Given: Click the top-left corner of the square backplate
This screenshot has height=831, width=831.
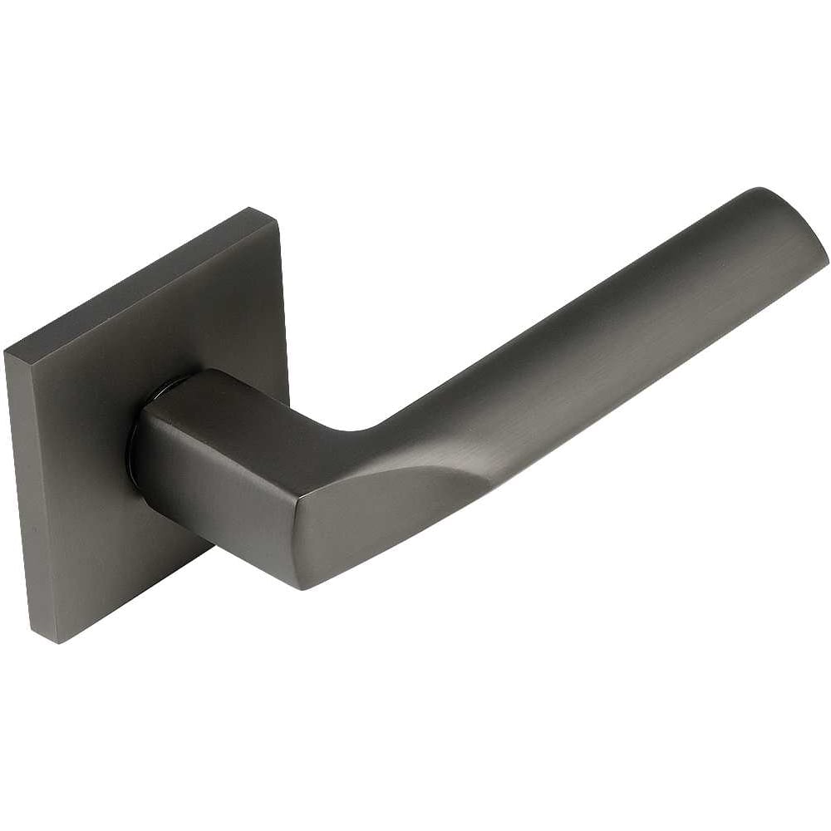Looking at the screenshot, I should click(x=7, y=352).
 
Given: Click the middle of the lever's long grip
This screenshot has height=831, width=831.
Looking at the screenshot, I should click(x=582, y=349).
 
